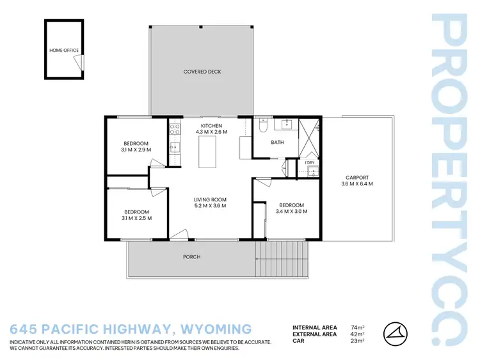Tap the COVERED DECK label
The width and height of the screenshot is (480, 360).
click(202, 72)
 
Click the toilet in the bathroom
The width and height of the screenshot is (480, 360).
click(263, 127)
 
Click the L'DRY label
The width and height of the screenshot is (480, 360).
click(310, 162)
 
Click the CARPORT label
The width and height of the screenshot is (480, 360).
click(356, 178)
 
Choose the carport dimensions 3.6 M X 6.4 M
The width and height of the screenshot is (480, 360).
click(356, 184)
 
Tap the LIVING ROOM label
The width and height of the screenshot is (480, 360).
click(210, 200)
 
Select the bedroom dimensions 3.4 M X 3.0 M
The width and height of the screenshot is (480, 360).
click(291, 211)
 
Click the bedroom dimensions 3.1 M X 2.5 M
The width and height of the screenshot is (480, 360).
click(136, 218)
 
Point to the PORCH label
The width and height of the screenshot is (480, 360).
click(191, 257)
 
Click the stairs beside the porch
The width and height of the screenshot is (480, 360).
click(281, 259)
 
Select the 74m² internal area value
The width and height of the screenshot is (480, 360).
click(358, 327)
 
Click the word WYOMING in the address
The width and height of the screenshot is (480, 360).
click(216, 330)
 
